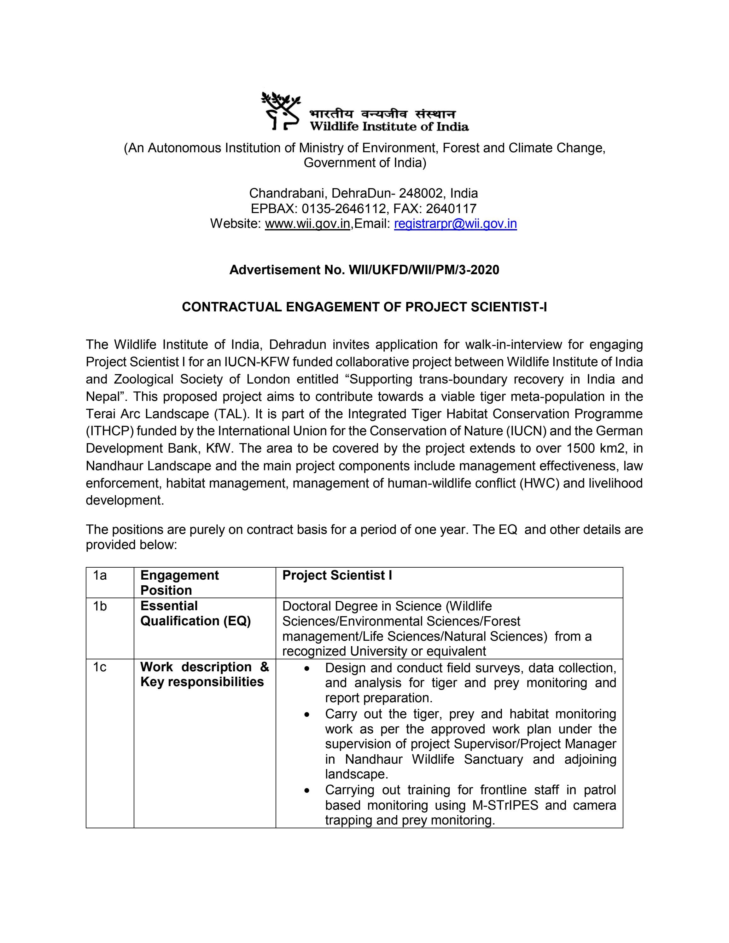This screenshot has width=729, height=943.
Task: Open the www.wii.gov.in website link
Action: tap(307, 224)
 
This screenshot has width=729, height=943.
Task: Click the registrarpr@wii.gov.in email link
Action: tap(455, 224)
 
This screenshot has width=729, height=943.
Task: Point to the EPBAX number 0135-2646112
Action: tap(343, 209)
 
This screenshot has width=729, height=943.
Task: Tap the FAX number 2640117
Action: tap(451, 209)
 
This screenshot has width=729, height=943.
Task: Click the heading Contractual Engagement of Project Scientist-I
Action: tap(364, 307)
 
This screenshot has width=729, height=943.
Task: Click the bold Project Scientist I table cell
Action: tap(337, 576)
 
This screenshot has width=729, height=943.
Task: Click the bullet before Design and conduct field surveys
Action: tap(306, 669)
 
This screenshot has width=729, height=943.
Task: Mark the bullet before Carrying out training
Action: tap(306, 790)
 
